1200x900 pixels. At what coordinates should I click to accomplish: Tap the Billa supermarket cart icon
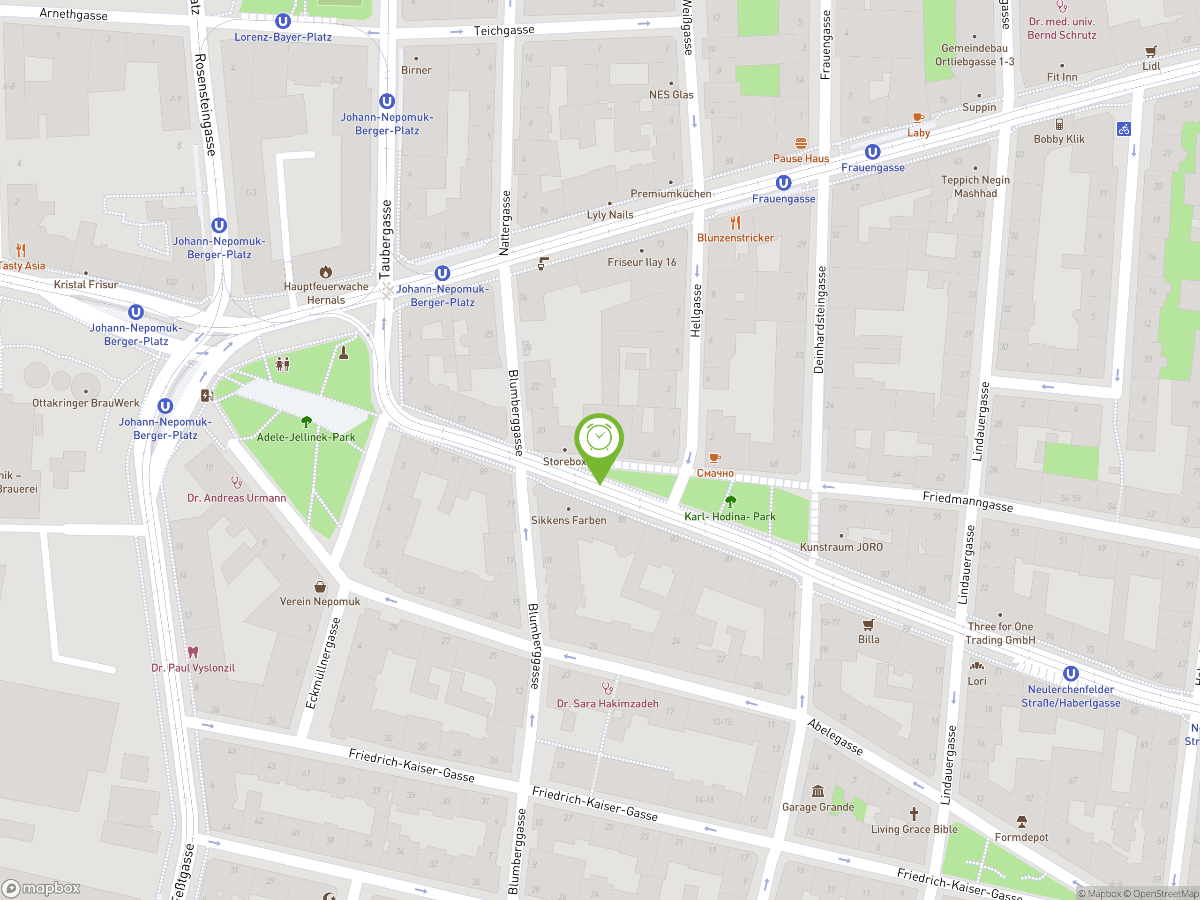coord(868,624)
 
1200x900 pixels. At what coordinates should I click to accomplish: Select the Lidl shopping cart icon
coord(1151,52)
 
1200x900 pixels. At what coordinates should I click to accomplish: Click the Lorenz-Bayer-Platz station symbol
coord(283,22)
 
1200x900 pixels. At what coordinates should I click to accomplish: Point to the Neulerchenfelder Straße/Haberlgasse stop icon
coord(1070,674)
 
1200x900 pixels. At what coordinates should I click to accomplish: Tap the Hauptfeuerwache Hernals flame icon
coord(325,271)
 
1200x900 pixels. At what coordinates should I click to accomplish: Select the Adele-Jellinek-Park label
coord(306,437)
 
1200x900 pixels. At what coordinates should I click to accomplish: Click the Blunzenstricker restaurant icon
coord(735,223)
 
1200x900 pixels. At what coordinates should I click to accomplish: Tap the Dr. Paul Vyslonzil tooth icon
coord(193,652)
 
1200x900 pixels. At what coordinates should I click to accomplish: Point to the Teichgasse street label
coord(503,30)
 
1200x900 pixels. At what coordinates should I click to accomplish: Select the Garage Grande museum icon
coord(817,792)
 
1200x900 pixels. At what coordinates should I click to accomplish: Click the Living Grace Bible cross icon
coord(914,814)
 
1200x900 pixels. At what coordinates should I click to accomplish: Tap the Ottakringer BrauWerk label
coord(86,403)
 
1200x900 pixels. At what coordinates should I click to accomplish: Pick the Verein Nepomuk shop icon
coord(320,586)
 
